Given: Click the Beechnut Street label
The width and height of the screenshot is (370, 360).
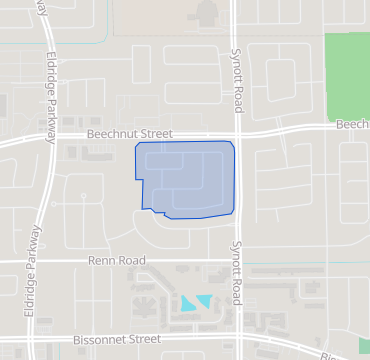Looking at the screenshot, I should click(x=130, y=133).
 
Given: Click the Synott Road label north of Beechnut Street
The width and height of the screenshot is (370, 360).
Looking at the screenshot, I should click(x=237, y=72).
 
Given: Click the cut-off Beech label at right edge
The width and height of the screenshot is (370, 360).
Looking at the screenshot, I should click(x=352, y=125).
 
